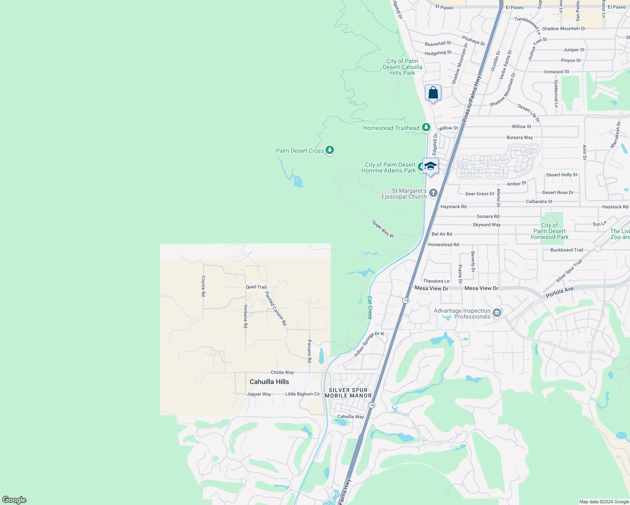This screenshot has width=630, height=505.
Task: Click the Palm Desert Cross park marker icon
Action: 330,150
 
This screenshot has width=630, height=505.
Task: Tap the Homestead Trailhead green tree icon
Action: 426,127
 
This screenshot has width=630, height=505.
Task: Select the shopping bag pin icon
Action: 433,93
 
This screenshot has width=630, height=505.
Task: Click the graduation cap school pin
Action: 430,166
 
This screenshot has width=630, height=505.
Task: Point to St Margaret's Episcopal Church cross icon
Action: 433,193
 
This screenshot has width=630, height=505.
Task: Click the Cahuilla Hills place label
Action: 269,382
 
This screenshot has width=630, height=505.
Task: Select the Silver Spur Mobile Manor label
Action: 348,393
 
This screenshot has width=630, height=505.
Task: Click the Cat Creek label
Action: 370,307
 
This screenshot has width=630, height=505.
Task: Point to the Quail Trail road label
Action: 256,287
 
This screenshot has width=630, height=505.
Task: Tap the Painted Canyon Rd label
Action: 276,308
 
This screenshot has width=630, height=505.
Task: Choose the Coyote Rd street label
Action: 203,286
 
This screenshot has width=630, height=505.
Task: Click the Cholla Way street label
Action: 282,372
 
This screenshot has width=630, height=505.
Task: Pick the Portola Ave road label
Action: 560,292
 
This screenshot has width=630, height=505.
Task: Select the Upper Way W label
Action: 383,229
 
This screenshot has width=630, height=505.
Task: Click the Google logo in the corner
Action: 14,500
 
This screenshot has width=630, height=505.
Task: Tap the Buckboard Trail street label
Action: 566,250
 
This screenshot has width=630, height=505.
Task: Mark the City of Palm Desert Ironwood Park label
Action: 549,231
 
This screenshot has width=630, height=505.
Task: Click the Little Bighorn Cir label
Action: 302,394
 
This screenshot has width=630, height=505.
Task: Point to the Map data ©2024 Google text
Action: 604,502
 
